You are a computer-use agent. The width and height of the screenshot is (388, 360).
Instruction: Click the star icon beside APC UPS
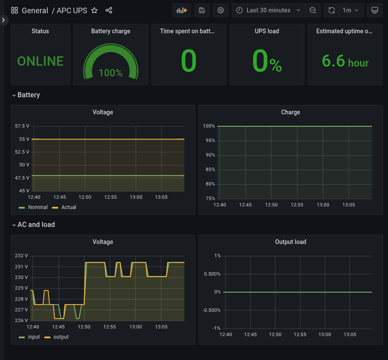coord(95,10)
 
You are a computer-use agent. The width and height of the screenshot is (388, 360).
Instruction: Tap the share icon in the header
coord(109,10)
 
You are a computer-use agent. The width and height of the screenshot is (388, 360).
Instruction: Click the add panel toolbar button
coord(182,10)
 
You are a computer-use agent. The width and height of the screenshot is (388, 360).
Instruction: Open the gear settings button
coord(221,10)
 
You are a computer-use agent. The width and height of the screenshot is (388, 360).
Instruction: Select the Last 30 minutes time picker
coord(268,10)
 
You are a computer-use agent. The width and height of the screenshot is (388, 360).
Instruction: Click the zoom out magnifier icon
coord(313,10)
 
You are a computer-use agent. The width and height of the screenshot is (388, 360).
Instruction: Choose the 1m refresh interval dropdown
coord(350,10)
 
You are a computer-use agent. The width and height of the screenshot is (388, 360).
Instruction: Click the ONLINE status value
coord(40,61)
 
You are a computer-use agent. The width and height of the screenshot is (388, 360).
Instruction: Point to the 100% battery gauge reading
coord(111,73)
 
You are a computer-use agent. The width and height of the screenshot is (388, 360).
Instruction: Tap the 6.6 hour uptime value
coord(345,61)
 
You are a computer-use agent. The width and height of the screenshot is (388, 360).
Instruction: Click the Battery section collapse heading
coord(29,95)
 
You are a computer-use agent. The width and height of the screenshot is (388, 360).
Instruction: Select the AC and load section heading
coord(36,224)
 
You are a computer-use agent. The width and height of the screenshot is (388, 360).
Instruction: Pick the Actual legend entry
coord(68,207)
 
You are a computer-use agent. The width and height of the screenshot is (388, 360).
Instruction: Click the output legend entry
coord(61,337)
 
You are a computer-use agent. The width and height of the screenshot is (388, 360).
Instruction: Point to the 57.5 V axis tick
coord(22,126)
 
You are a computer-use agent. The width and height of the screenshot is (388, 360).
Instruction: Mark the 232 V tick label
coord(21,256)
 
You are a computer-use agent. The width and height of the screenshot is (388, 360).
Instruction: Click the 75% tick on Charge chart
coord(209,198)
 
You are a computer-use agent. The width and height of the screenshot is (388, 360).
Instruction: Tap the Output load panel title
coord(290,242)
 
